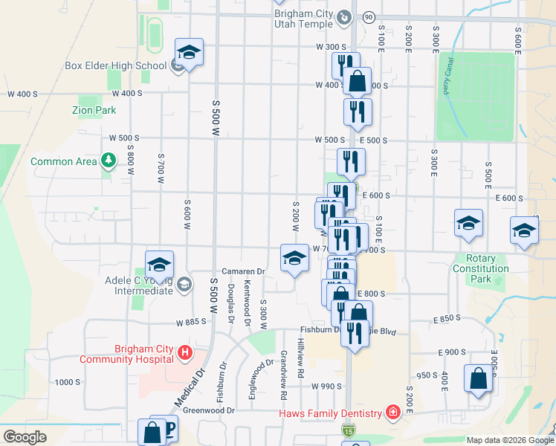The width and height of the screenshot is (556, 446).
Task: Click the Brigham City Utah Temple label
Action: pyautogui.click(x=305, y=19)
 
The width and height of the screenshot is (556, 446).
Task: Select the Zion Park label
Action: pyautogui.click(x=94, y=110)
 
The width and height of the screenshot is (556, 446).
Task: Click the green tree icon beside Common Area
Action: pyautogui.click(x=109, y=161)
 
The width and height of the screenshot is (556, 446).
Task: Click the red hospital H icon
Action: pyautogui.click(x=186, y=352)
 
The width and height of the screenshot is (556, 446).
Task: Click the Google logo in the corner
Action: pyautogui.click(x=24, y=437)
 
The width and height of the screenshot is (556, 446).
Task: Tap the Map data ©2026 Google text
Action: pyautogui.click(x=510, y=440)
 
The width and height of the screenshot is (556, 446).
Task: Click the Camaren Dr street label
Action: pyautogui.click(x=243, y=272)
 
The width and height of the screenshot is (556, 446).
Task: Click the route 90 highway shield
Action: pyautogui.click(x=369, y=17)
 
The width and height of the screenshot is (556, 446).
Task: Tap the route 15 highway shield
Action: pyautogui.click(x=349, y=430)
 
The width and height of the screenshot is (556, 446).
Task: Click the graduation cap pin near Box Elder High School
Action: pyautogui.click(x=189, y=53)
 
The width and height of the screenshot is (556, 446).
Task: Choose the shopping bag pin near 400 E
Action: pyautogui.click(x=478, y=378)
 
